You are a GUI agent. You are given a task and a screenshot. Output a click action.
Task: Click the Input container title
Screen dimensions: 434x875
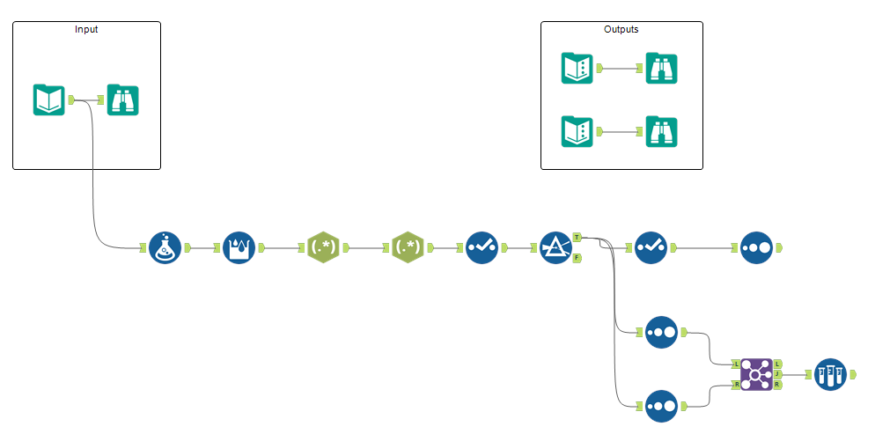click(x=86, y=29)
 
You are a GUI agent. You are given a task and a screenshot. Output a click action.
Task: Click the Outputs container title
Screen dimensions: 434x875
click(x=621, y=29)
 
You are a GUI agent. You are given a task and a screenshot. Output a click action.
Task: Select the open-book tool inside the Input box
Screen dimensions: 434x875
click(x=49, y=100)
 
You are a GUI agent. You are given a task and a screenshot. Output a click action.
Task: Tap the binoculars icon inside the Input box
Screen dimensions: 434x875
click(x=122, y=100)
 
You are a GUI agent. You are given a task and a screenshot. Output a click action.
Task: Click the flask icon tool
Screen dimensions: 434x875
click(x=165, y=248)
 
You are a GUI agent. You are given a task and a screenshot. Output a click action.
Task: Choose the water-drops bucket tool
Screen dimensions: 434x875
click(x=239, y=248)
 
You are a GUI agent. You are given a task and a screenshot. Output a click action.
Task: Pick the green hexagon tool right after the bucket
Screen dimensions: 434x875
click(x=324, y=248)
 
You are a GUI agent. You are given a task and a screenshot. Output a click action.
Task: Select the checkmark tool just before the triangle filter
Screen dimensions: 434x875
click(x=482, y=248)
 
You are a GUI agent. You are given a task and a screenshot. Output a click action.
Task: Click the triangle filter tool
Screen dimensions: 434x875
click(x=555, y=248)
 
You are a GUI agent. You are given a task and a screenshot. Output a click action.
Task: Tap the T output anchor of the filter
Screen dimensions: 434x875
click(x=577, y=238)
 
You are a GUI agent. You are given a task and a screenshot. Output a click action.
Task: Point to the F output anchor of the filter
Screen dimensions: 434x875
click(x=577, y=258)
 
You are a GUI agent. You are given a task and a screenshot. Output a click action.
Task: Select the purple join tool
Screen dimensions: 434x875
click(x=756, y=374)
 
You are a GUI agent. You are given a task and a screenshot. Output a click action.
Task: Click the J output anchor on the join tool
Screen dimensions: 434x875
click(x=777, y=374)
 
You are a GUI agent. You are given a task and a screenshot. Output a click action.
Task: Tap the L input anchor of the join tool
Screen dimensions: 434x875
click(x=736, y=364)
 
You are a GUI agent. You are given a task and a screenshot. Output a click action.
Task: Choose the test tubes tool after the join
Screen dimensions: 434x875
click(x=830, y=374)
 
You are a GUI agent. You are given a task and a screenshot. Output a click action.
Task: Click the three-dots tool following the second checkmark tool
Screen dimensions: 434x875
click(x=757, y=248)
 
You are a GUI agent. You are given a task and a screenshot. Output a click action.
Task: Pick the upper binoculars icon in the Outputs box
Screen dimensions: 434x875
click(x=661, y=68)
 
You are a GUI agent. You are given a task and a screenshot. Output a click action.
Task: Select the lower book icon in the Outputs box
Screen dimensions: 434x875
click(x=577, y=131)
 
